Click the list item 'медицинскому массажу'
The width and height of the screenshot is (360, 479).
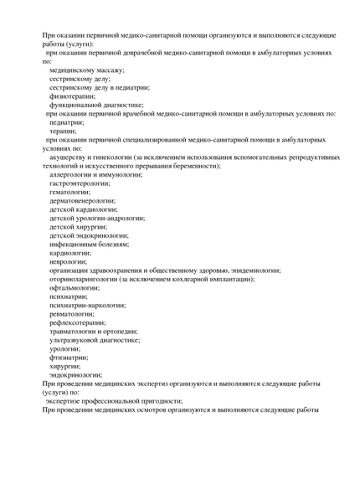pyautogui.click(x=87, y=70)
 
